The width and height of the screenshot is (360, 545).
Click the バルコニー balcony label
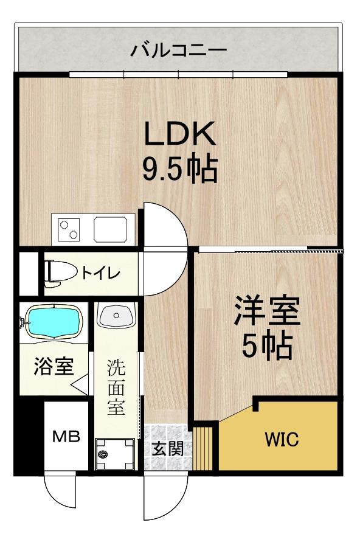178,50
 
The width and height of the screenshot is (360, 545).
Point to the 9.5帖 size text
180,169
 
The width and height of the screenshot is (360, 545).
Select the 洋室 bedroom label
267,310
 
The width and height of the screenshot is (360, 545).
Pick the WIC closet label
282,440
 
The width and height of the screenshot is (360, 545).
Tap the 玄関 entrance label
168,449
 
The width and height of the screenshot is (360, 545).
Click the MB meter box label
66,437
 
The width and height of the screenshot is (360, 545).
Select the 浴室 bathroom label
54,366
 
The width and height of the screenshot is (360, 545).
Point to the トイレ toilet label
100,274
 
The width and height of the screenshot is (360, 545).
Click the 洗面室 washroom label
116,387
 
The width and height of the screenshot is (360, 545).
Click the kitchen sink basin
111,229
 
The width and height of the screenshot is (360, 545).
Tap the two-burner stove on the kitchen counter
69,229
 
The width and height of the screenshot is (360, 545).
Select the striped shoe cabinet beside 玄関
203,448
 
